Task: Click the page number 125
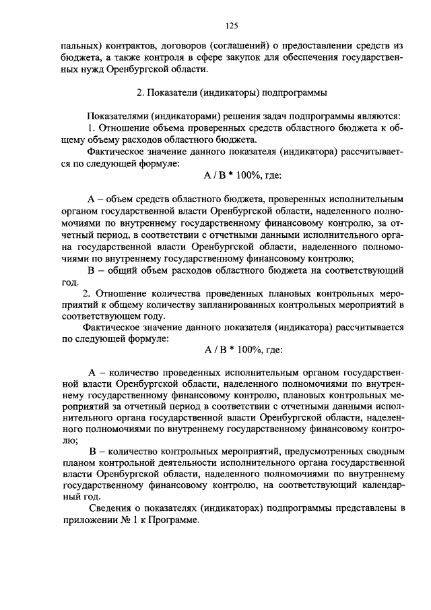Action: pos(232,26)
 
